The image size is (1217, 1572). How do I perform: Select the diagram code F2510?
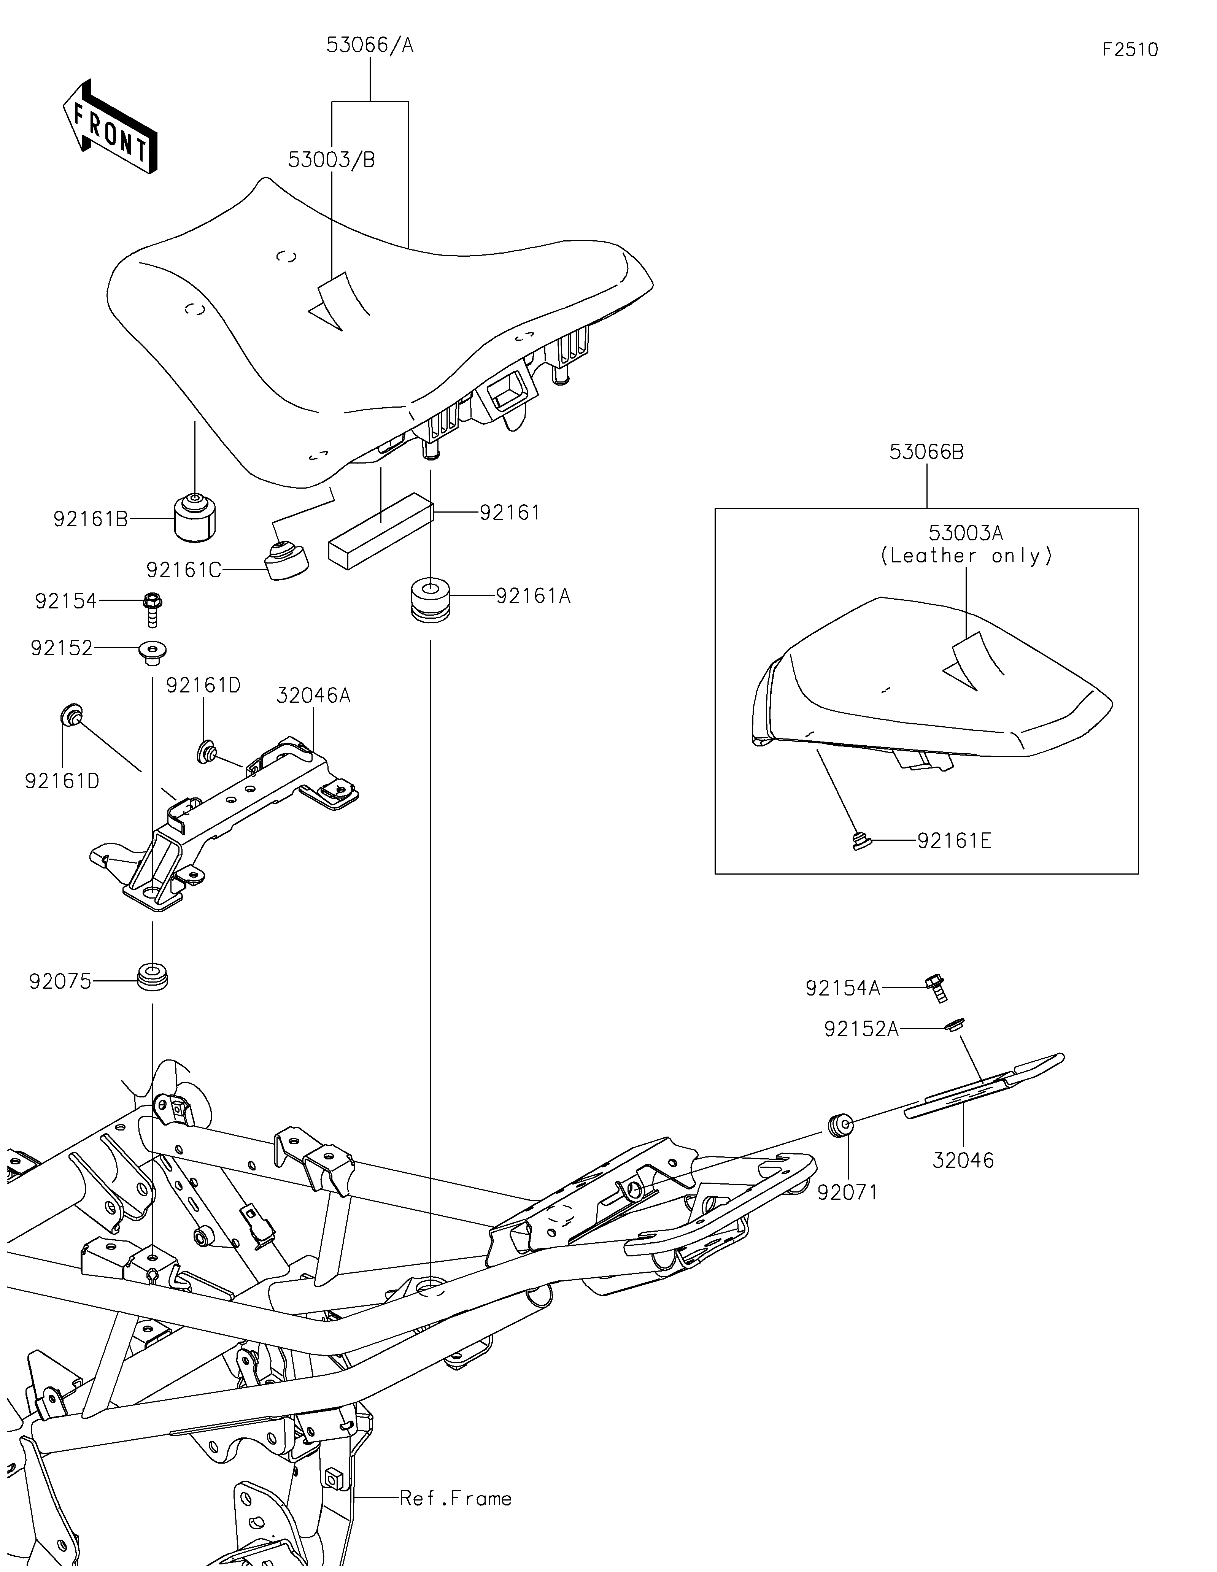coord(1130,50)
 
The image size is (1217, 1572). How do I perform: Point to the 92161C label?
coord(184,570)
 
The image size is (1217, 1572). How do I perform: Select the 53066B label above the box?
coord(926,452)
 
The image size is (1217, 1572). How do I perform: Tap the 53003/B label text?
coord(331,160)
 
